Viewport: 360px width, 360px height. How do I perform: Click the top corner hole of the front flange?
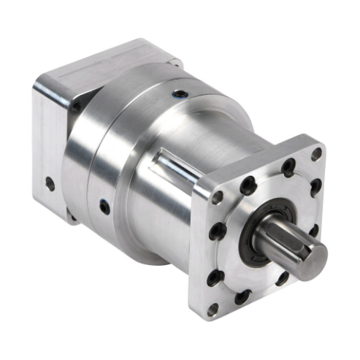pos(315,154)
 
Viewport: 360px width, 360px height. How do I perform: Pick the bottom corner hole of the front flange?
pos(212,309)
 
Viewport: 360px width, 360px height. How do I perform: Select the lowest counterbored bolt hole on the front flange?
pos(242,296)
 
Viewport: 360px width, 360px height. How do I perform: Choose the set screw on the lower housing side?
pos(104,207)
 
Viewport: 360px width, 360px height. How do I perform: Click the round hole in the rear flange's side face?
pos(50,184)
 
